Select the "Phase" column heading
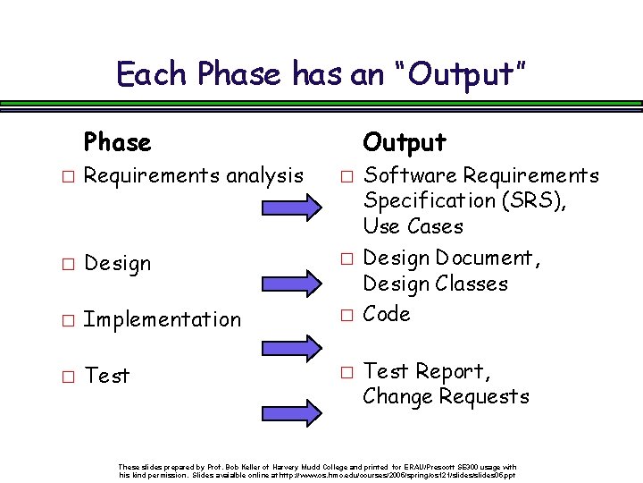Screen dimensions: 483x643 pyautogui.click(x=117, y=142)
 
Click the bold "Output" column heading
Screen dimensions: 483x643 pyautogui.click(x=404, y=142)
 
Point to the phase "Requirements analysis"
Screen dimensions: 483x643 pyautogui.click(x=193, y=175)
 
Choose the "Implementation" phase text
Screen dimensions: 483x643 pyautogui.click(x=162, y=319)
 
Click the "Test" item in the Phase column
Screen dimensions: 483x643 pyautogui.click(x=106, y=376)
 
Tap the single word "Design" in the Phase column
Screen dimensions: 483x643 pyautogui.click(x=117, y=264)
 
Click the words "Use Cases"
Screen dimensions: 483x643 pyautogui.click(x=413, y=226)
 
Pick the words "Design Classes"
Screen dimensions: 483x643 pyautogui.click(x=434, y=284)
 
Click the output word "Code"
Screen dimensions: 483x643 pyautogui.click(x=387, y=314)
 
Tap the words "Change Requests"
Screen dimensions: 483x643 pyautogui.click(x=446, y=396)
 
